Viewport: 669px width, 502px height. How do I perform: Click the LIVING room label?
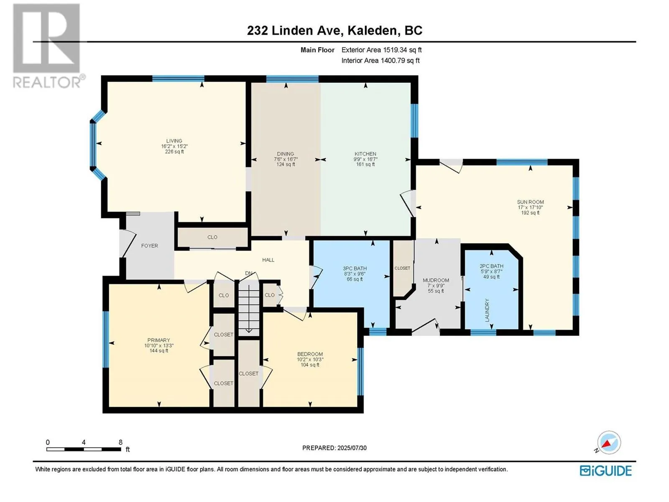pos(174,141)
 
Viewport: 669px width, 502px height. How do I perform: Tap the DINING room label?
pos(286,154)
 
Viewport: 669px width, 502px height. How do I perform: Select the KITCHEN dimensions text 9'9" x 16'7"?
pos(365,159)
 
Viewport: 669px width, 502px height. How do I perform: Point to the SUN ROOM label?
pos(530,202)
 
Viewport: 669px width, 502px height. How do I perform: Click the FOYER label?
pos(149,246)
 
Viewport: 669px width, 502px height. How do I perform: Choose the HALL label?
pos(268,260)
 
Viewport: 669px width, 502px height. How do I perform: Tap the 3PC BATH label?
pos(355,269)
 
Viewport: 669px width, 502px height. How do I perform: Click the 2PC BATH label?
pos(491,266)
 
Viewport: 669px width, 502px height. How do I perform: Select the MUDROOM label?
pos(436,280)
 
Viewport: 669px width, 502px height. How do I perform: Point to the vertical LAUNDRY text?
pos(487,310)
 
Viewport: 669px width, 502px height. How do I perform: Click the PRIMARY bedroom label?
pos(158,340)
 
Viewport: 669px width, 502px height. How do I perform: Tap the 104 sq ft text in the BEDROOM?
pos(310,365)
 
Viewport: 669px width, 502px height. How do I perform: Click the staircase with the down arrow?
pos(249,308)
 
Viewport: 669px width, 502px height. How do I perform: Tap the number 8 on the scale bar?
pos(121,442)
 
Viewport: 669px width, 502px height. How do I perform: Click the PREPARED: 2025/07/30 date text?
pos(334,448)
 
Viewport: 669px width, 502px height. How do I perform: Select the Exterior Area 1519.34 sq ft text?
pos(382,50)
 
